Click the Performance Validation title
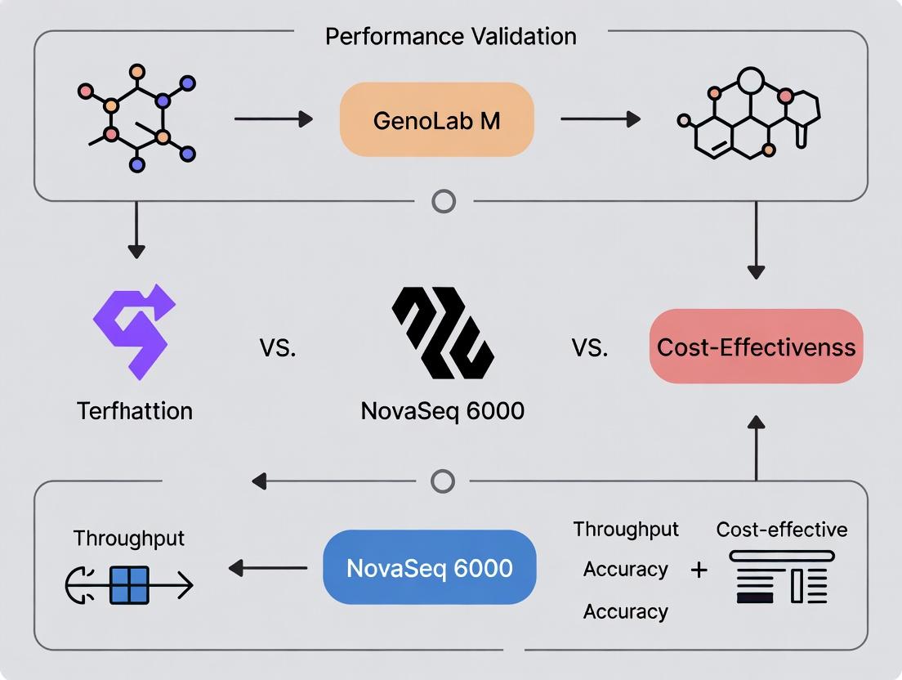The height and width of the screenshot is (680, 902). click(450, 36)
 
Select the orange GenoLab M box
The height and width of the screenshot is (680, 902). click(436, 120)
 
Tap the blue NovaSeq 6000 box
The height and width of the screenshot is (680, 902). click(430, 567)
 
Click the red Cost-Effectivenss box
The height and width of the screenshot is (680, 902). click(756, 347)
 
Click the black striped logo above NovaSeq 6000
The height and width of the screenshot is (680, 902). click(442, 332)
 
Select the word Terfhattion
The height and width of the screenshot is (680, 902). click(135, 410)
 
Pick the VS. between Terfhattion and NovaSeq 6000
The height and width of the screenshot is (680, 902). click(278, 348)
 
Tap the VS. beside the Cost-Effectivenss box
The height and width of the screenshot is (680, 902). click(590, 348)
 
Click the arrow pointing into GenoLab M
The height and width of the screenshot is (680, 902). click(274, 120)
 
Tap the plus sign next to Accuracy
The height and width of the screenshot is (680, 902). click(699, 570)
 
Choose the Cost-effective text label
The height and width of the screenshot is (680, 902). click(781, 530)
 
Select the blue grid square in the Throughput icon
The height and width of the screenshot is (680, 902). click(129, 584)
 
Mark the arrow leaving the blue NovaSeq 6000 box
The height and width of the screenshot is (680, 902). click(267, 568)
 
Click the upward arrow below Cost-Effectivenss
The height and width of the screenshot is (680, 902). click(757, 446)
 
